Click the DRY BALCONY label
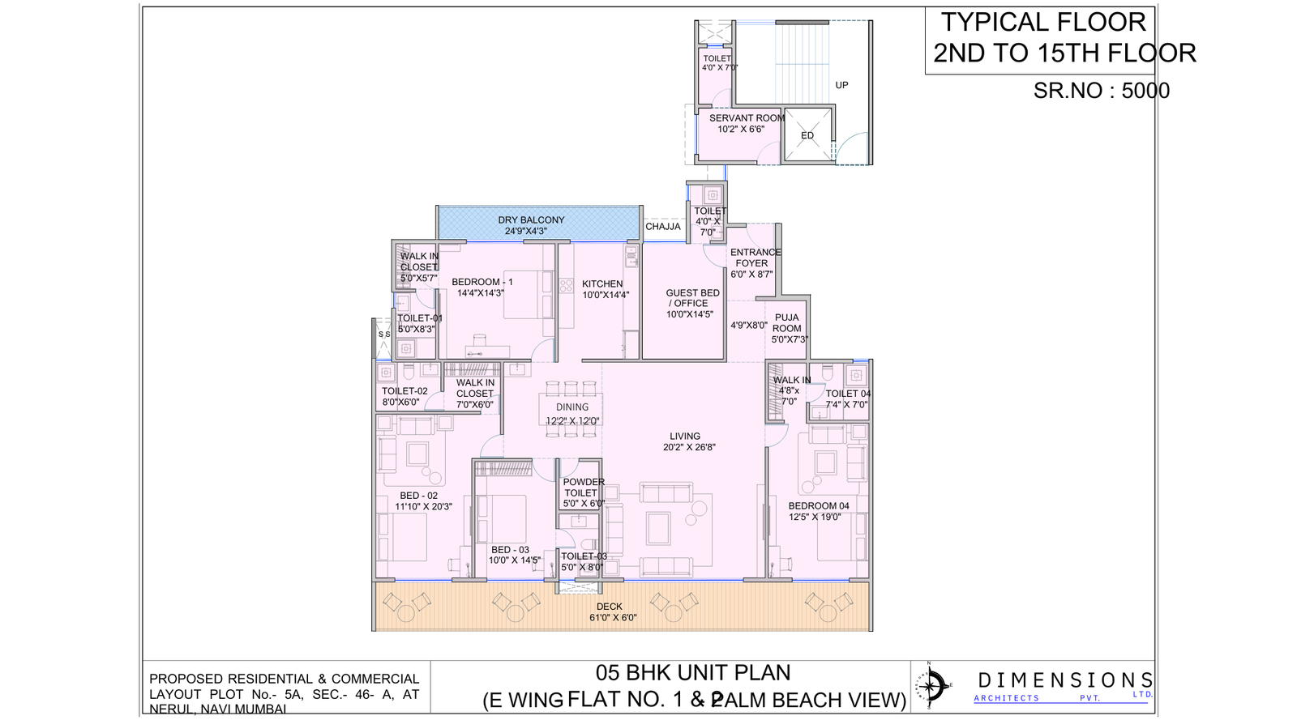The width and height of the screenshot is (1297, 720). coord(531,225)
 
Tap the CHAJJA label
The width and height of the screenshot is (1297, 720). coord(662,227)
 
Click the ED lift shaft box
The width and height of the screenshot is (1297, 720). coord(807,135)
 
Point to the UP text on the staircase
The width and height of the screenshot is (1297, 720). coord(841,85)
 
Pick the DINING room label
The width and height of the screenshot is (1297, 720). coord(572,413)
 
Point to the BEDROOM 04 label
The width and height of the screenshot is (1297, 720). coord(818,511)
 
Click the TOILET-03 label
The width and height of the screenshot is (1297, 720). coord(584,561)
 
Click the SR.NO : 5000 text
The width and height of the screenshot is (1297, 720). coord(1101,91)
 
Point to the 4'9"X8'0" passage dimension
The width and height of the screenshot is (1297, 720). coord(748,326)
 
